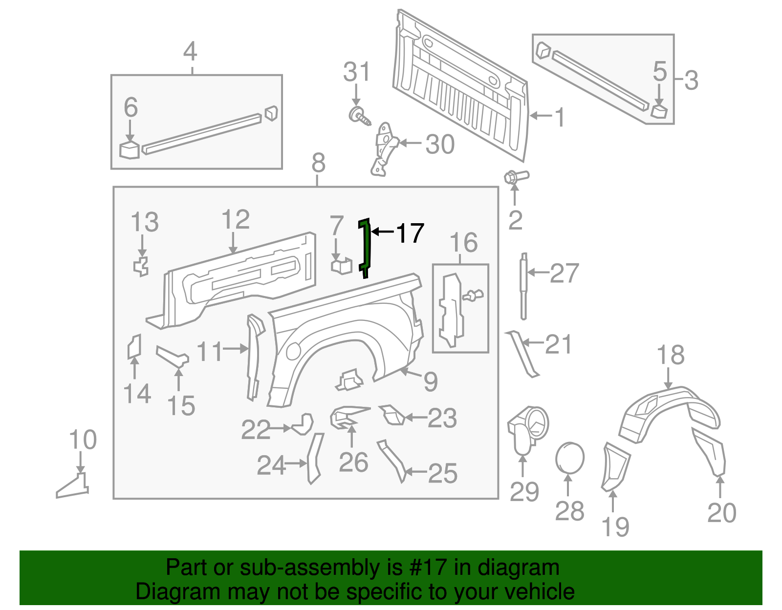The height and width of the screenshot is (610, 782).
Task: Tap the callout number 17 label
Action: point(410,233)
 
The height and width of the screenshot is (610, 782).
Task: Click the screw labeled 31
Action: point(359,115)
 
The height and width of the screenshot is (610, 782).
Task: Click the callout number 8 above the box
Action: point(318,163)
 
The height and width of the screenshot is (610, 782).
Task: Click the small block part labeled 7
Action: point(341,266)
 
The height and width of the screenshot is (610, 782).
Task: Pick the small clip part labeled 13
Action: point(141,266)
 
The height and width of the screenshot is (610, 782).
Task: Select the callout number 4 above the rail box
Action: point(190,51)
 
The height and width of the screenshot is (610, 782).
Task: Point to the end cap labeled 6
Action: point(130,149)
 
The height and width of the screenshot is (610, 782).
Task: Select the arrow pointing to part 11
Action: point(236,349)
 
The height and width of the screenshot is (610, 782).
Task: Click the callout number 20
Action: point(721,513)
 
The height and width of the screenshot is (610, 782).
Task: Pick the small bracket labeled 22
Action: point(303,424)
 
